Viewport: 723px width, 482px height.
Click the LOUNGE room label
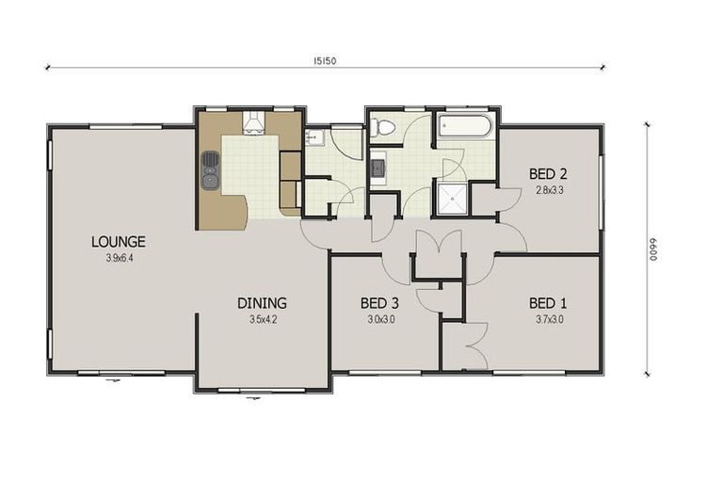118,242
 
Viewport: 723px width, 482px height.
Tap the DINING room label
261,303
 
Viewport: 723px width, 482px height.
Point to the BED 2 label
547,174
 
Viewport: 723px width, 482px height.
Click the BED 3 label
379,303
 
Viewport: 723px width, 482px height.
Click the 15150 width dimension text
326,60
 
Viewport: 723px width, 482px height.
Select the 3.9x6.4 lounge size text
120,257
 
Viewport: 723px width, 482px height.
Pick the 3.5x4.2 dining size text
262,319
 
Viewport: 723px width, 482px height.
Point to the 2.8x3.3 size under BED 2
548,189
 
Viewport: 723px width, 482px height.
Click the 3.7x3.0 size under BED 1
548,319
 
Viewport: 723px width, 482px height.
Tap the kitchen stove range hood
254,123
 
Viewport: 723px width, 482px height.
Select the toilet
385,128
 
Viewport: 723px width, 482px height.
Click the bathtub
465,127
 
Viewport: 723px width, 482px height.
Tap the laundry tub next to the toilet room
378,169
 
